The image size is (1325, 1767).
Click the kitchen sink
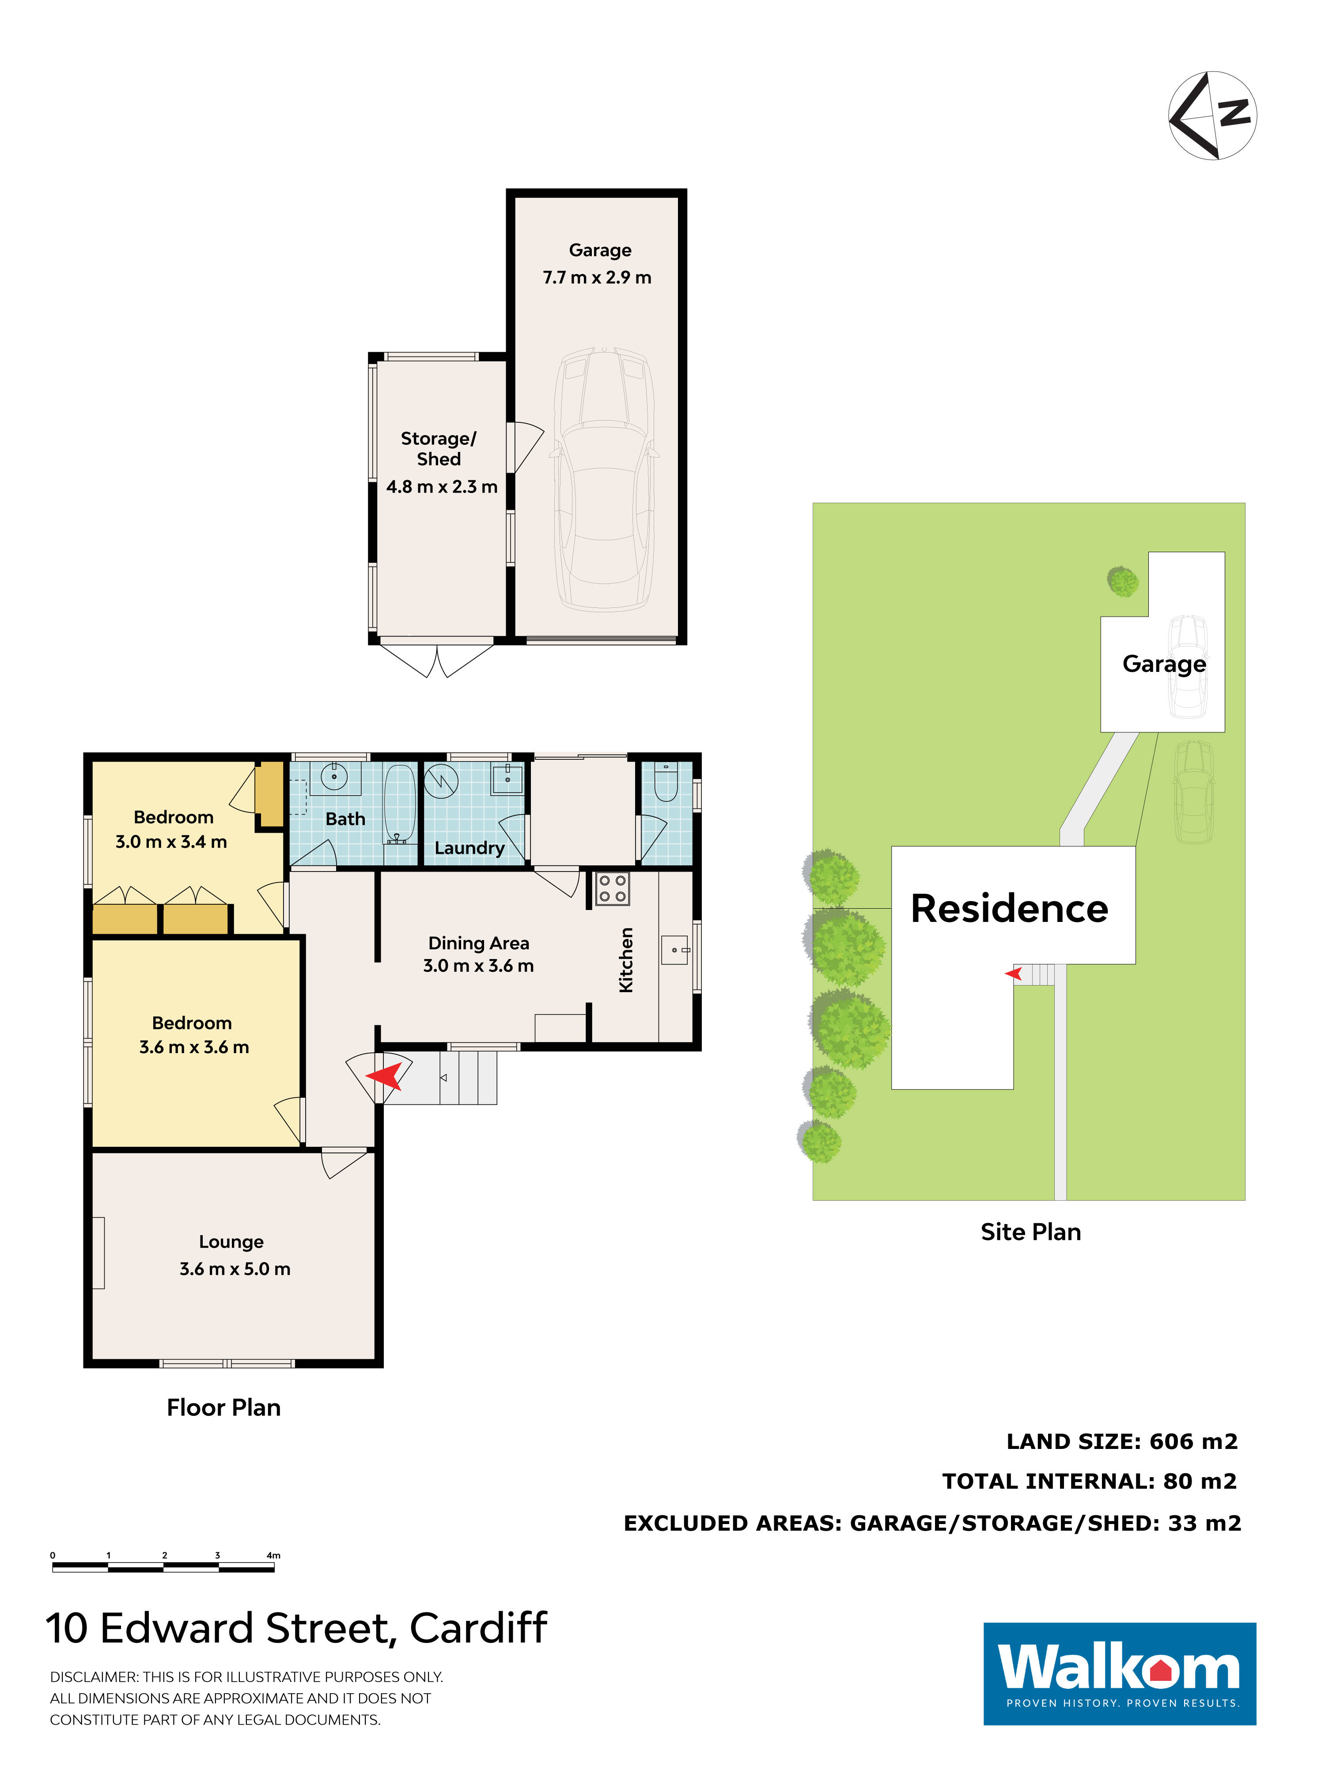click(x=675, y=950)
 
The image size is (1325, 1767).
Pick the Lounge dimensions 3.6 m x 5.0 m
click(x=235, y=1269)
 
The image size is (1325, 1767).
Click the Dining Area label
click(x=478, y=944)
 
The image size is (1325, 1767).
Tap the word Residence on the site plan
click(x=1010, y=908)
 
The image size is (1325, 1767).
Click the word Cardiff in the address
click(x=478, y=1628)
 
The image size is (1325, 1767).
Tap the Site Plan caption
click(x=1030, y=1232)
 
